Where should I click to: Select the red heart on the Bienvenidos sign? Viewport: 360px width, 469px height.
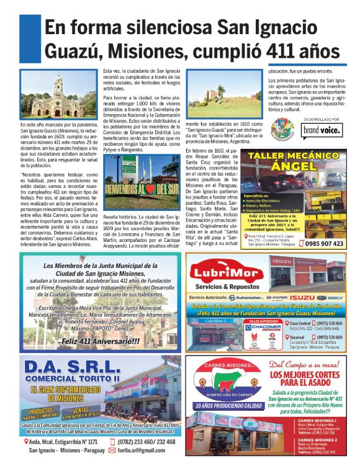[x=145, y=172]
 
